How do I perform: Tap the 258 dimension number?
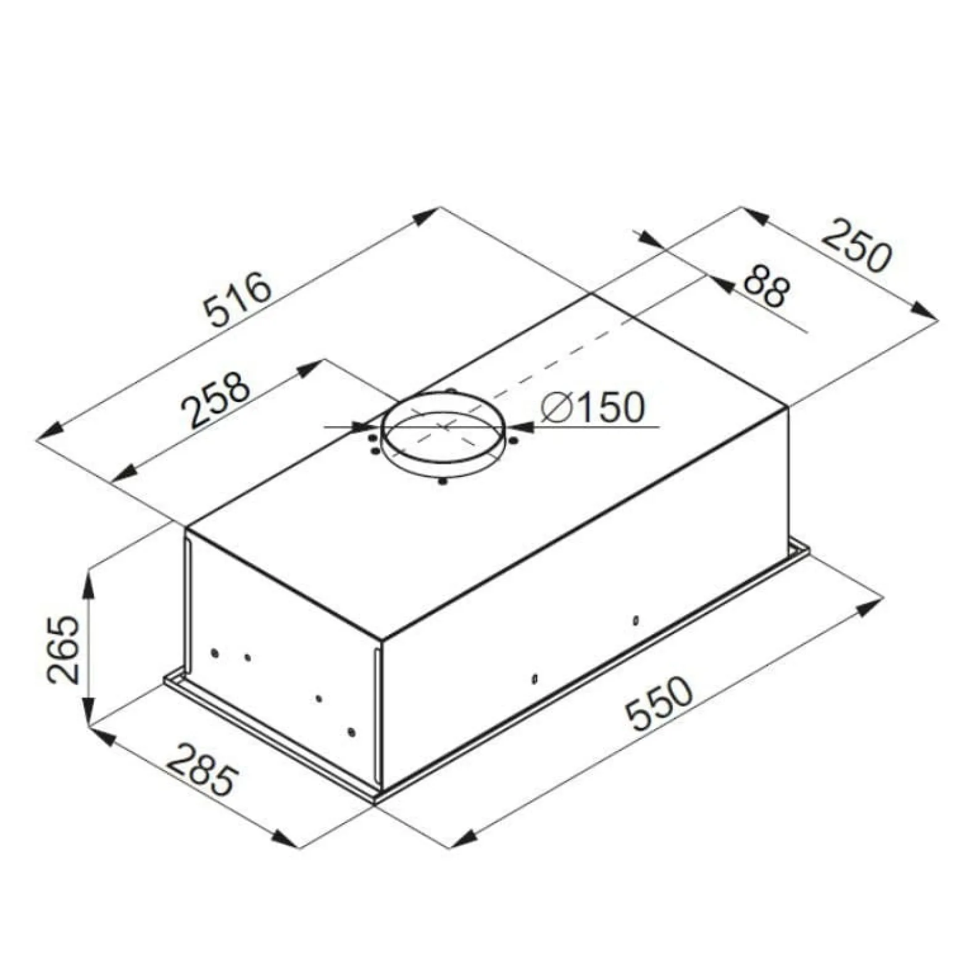tap(215, 399)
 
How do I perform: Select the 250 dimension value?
tap(857, 246)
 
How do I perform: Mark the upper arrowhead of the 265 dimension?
tap(90, 581)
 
